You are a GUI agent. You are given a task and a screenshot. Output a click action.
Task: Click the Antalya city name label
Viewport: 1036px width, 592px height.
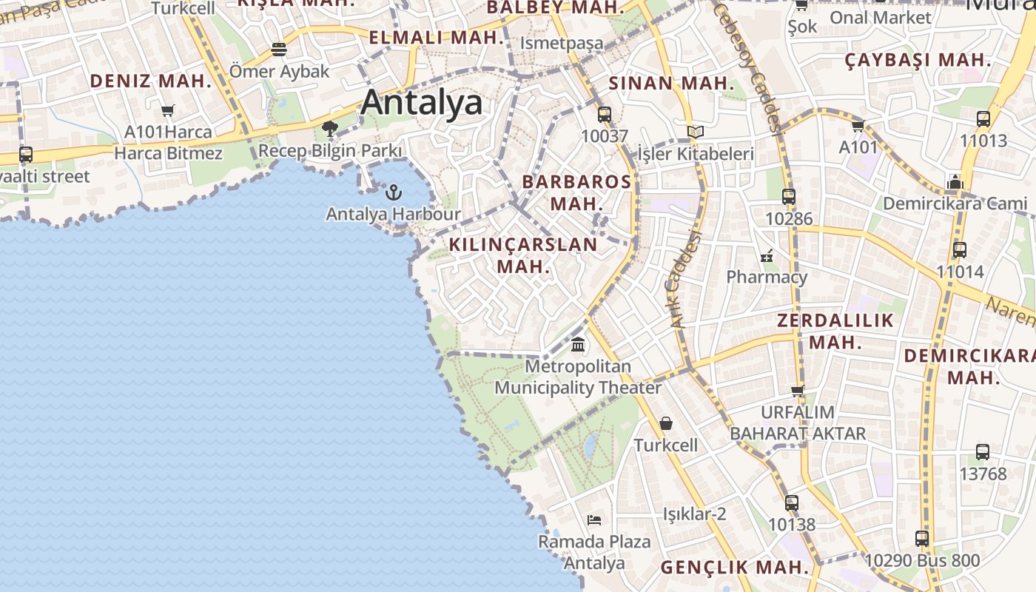[x=422, y=102]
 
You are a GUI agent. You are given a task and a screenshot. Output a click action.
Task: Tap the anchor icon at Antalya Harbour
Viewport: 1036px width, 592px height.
[x=394, y=192]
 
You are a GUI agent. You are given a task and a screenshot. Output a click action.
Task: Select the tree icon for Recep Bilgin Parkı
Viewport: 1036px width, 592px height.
[x=330, y=129]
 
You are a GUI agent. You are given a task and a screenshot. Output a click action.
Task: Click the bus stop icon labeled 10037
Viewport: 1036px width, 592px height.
[x=605, y=115]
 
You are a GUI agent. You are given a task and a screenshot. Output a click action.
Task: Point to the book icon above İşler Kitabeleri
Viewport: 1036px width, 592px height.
[x=695, y=132]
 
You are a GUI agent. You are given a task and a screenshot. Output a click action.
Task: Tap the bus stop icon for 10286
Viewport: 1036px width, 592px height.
[x=789, y=197]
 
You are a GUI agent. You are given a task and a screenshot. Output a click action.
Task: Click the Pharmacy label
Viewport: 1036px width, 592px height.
[x=767, y=277]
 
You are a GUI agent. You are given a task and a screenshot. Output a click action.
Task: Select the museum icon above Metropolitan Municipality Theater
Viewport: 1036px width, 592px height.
[x=578, y=344]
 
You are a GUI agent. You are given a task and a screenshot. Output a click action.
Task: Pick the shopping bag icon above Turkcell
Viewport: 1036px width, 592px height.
[x=666, y=423]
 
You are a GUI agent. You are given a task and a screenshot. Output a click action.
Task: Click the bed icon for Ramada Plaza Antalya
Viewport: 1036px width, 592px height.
[x=593, y=519]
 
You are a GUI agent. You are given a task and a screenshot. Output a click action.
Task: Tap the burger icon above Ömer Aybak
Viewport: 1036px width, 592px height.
[x=279, y=50]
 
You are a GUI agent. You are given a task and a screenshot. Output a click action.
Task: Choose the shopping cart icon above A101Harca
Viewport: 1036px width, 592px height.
[x=167, y=111]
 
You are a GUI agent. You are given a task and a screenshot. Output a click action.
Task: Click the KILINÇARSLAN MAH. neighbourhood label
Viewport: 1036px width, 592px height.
[x=523, y=255]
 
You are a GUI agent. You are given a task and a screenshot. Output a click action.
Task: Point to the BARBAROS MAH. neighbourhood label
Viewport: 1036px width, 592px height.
[x=577, y=192]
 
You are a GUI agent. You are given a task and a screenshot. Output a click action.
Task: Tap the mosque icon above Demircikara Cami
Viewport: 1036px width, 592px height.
[x=955, y=182]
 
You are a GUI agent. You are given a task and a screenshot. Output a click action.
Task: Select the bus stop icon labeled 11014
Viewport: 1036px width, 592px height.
[x=960, y=250]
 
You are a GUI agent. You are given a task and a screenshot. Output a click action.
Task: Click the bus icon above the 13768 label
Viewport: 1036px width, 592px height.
[x=983, y=451]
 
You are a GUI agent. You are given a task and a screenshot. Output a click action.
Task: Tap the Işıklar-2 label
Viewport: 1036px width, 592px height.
[x=694, y=514]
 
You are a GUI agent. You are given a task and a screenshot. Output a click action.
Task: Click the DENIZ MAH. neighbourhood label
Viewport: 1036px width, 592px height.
[x=151, y=81]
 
